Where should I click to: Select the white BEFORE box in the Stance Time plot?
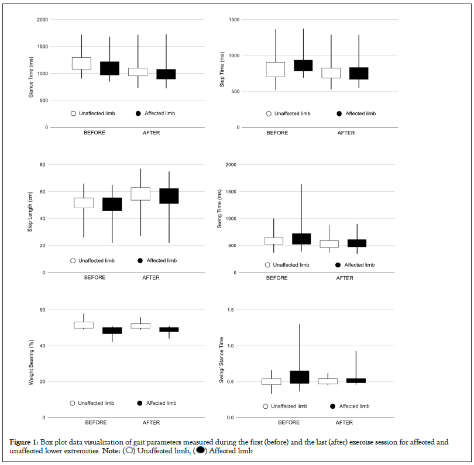click(81, 63)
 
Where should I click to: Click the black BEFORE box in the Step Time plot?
click(303, 66)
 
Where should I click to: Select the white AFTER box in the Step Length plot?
click(140, 194)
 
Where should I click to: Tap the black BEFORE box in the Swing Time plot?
click(301, 239)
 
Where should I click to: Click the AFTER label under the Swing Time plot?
click(345, 278)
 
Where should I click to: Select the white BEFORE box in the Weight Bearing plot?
click(83, 325)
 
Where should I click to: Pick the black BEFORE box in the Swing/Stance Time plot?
click(299, 377)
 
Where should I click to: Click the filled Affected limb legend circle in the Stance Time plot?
click(139, 113)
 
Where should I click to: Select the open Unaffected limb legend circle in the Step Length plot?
click(73, 260)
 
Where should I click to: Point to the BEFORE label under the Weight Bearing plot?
click(95, 422)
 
